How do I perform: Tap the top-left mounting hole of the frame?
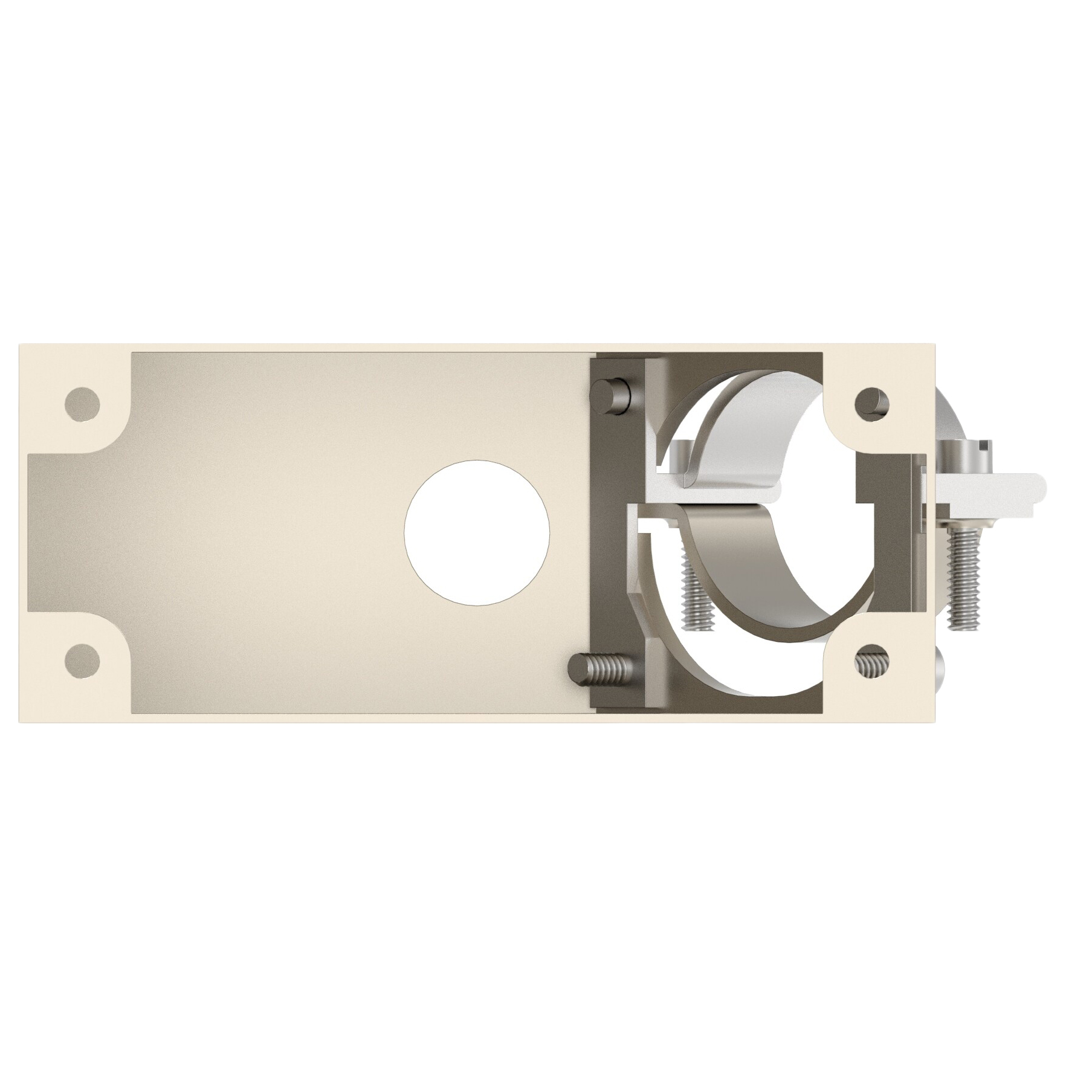[x=82, y=403]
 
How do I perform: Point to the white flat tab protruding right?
[x=1003, y=487]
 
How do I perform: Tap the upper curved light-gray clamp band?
[x=749, y=441]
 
